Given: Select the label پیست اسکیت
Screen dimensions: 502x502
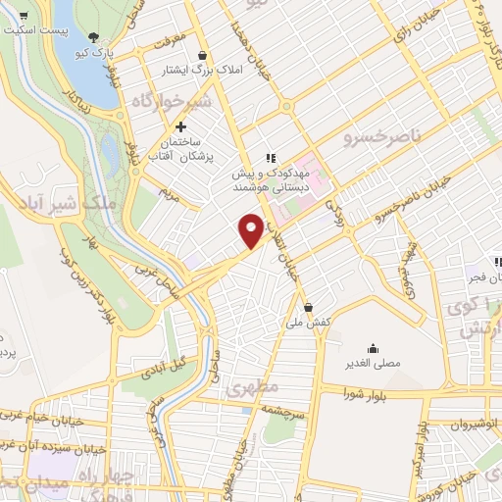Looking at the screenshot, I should [x=36, y=29].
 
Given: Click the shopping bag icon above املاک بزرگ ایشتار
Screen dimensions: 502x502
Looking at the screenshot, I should [x=202, y=55].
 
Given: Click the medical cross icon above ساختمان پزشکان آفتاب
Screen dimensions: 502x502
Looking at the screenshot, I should [x=180, y=126].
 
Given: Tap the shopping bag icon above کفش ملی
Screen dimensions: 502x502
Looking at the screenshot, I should [x=308, y=306].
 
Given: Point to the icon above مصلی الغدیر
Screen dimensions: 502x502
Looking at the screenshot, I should [x=373, y=348].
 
